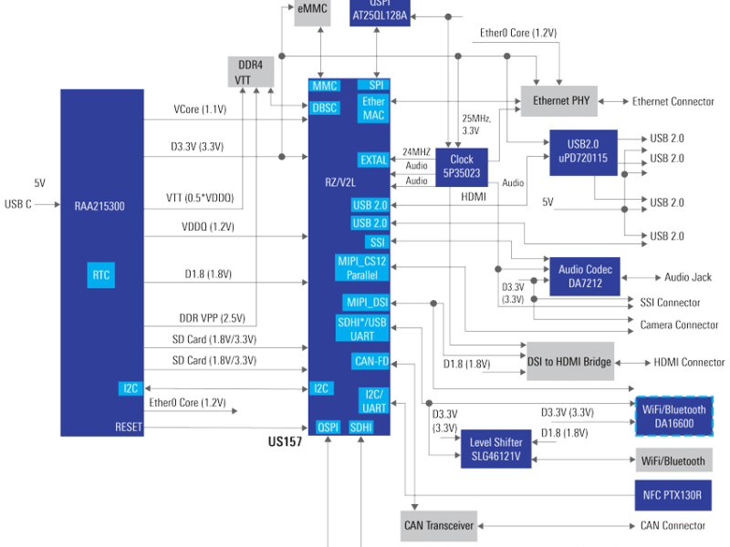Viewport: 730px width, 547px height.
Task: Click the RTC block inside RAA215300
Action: [100, 274]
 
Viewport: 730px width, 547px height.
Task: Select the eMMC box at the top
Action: [314, 9]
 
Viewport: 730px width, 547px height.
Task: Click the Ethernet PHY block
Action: [559, 101]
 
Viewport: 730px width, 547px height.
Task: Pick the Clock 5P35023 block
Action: [462, 165]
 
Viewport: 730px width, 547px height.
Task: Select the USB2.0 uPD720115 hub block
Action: [582, 151]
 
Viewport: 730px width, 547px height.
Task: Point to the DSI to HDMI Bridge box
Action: [569, 362]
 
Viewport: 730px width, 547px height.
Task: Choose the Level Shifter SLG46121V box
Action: [495, 449]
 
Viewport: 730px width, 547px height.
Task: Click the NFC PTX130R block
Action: [672, 496]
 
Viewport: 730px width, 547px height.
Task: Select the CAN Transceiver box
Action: [439, 526]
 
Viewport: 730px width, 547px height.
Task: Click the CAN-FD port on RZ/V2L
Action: [370, 362]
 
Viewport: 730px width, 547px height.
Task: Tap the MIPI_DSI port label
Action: [367, 302]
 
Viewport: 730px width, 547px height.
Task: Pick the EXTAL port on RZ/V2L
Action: [372, 160]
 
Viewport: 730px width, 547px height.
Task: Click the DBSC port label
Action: [325, 107]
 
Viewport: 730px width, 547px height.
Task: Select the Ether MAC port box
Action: [374, 108]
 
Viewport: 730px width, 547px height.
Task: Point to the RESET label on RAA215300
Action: [129, 427]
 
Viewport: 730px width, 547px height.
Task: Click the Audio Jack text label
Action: [689, 277]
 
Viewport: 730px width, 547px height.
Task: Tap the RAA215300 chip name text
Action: [99, 207]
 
